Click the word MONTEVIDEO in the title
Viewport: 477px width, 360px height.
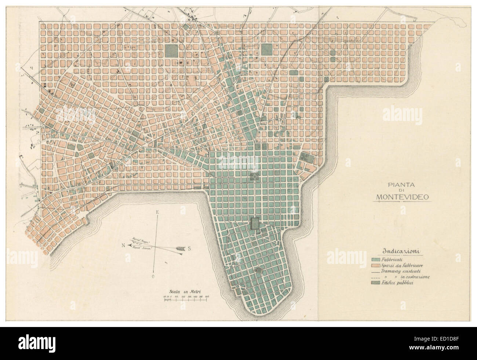[403, 198]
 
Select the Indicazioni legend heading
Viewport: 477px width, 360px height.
[401, 251]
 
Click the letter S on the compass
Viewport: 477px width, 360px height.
[189, 249]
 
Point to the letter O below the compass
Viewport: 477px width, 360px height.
[153, 276]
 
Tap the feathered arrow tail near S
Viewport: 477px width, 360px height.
[180, 249]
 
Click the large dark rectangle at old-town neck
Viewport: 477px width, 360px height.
[254, 224]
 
